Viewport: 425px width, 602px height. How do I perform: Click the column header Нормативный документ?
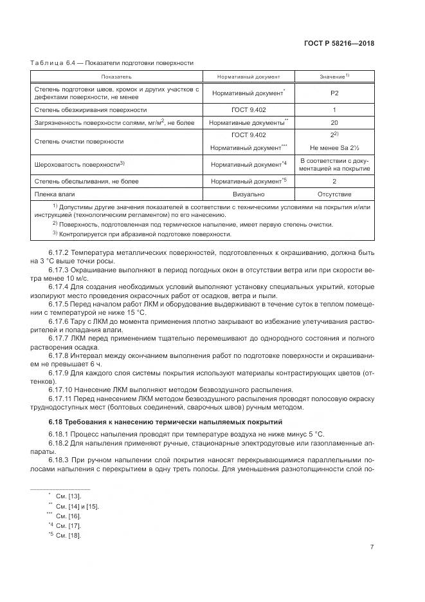coord(248,77)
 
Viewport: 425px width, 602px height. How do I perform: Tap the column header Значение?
coord(334,77)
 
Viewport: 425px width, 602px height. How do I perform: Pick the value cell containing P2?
coord(334,93)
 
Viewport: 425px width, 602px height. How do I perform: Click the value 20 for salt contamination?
coord(334,122)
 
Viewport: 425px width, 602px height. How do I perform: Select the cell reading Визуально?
coord(248,193)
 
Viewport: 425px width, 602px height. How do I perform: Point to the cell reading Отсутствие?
coord(334,193)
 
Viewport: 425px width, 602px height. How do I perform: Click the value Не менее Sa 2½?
coord(334,147)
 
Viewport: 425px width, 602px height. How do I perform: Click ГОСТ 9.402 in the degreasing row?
coord(248,110)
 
